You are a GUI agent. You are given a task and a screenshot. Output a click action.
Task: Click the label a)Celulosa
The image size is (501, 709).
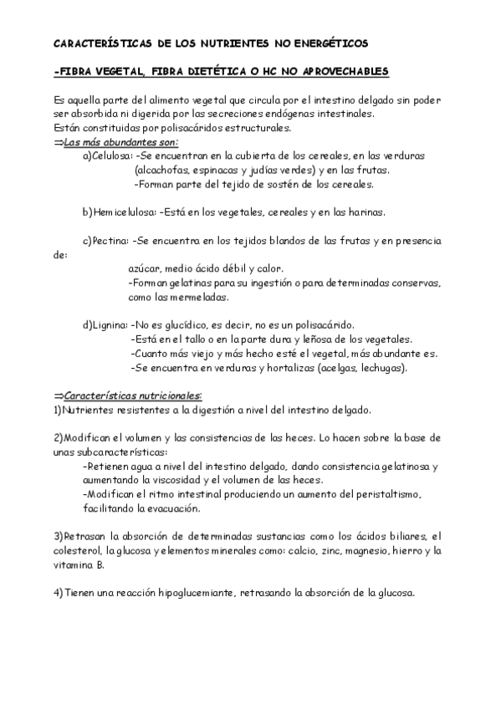[106, 156]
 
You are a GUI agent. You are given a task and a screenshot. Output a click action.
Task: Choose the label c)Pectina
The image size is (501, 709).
[105, 241]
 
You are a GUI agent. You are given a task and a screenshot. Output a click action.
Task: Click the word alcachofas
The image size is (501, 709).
[161, 170]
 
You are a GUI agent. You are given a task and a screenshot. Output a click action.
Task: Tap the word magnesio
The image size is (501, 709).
[359, 551]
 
